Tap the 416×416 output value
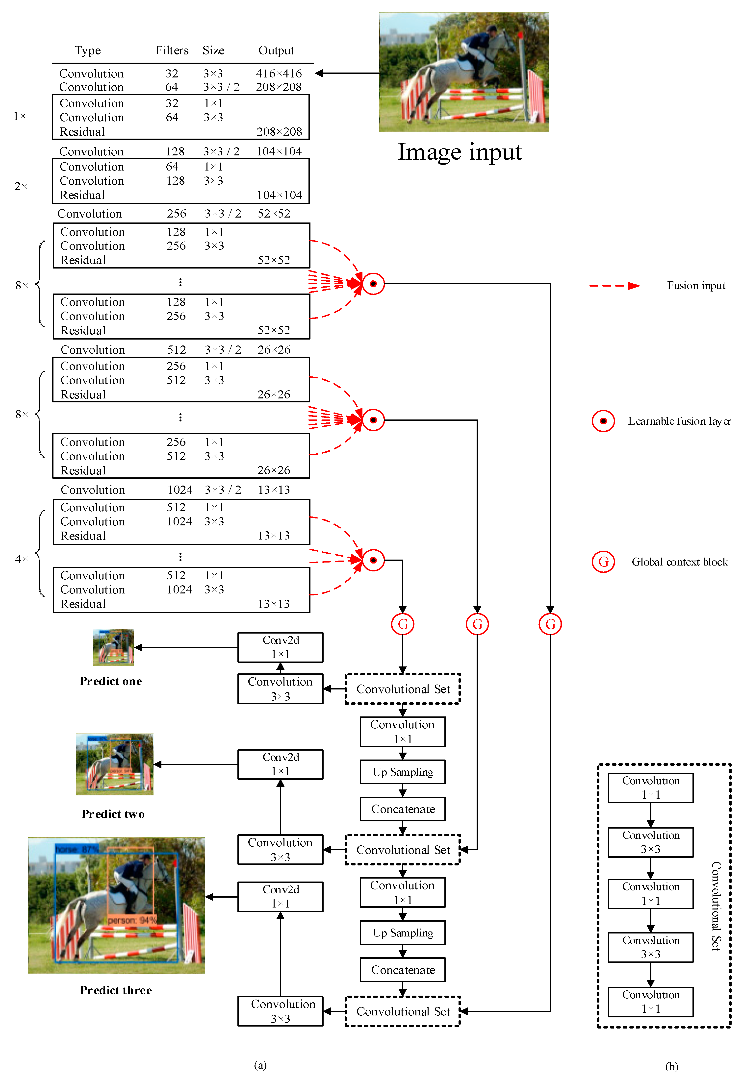pos(279,74)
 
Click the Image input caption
pos(459,152)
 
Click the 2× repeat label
pos(21,186)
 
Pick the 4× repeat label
pos(21,559)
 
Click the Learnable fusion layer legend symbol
pos(603,421)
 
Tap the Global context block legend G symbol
pos(603,562)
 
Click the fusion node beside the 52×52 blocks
pos(373,283)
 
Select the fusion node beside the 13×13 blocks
pos(373,560)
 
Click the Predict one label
pos(111,681)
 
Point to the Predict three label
pos(116,990)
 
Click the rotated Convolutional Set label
pos(716,906)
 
